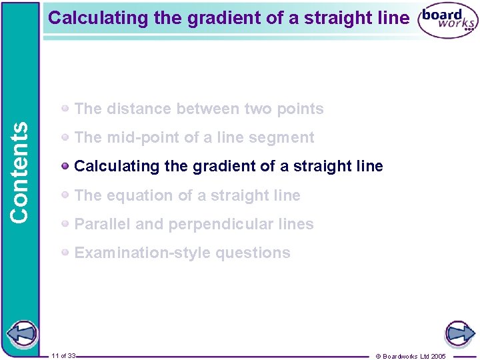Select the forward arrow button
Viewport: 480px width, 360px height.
[459, 333]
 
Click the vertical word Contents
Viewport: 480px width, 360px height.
[19, 171]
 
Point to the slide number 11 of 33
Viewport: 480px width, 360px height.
[63, 355]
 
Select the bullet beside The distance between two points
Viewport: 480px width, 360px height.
[65, 108]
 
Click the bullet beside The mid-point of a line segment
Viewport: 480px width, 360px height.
[65, 137]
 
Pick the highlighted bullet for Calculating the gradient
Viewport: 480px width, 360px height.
[65, 166]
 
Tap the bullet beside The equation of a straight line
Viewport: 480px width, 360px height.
[65, 195]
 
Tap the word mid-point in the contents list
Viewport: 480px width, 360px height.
[136, 138]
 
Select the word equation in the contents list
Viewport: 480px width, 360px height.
[139, 196]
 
